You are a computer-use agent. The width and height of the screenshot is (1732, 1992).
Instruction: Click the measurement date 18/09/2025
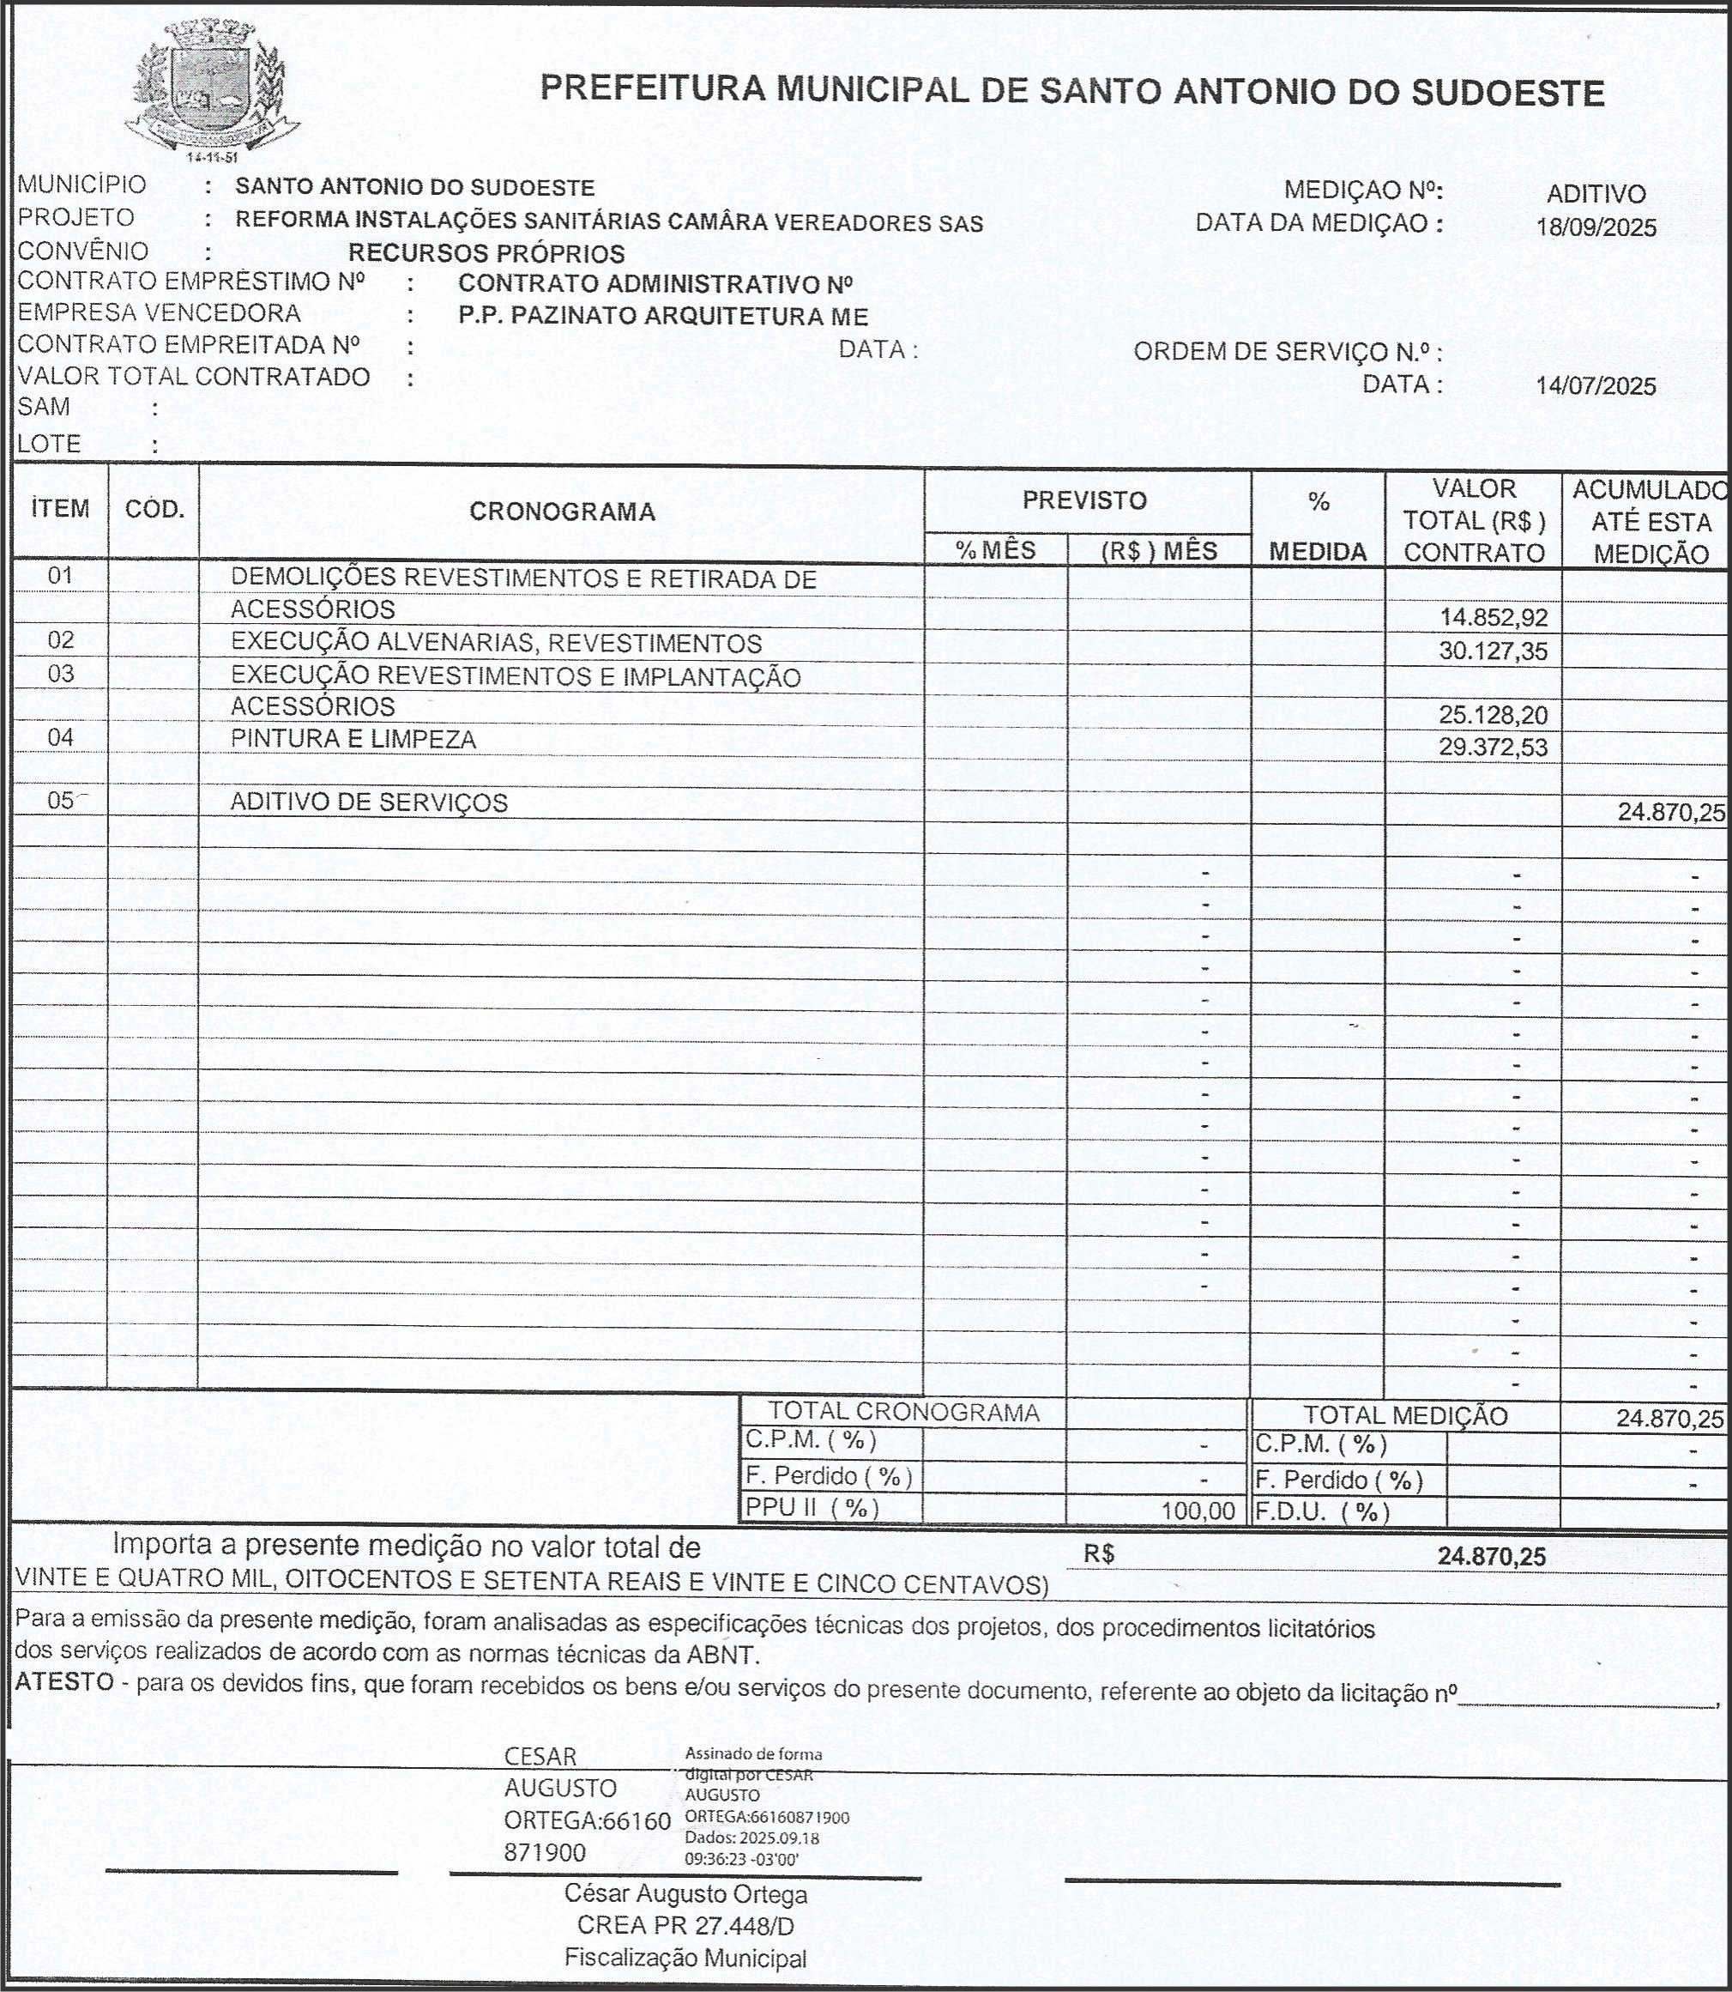point(1596,228)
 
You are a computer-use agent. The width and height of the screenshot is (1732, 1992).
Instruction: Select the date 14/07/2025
point(1596,387)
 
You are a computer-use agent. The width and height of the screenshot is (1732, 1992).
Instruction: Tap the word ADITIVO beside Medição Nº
point(1596,194)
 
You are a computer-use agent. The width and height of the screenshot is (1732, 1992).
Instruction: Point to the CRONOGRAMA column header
point(562,512)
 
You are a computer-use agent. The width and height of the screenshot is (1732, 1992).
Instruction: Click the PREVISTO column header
point(1084,501)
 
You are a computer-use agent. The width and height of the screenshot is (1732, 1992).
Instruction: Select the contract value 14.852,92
point(1494,618)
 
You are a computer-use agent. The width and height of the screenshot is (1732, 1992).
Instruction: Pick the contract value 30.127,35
point(1494,651)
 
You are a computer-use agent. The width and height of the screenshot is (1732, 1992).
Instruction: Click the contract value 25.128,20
point(1494,716)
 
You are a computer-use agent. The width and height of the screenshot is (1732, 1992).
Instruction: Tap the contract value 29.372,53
point(1494,748)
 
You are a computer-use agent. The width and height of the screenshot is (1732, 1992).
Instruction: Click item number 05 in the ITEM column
point(61,801)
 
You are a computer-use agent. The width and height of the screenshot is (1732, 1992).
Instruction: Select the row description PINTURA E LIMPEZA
point(353,740)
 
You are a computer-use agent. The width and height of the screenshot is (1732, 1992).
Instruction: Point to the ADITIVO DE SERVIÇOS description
point(368,802)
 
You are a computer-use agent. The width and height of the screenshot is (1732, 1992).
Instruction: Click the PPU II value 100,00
point(1198,1511)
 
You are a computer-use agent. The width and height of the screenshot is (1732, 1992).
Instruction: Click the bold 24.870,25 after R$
point(1491,1557)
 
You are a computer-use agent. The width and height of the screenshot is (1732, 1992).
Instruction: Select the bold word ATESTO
point(64,1680)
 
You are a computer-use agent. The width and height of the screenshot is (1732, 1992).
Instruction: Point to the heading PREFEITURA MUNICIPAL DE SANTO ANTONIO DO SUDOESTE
point(1071,92)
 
